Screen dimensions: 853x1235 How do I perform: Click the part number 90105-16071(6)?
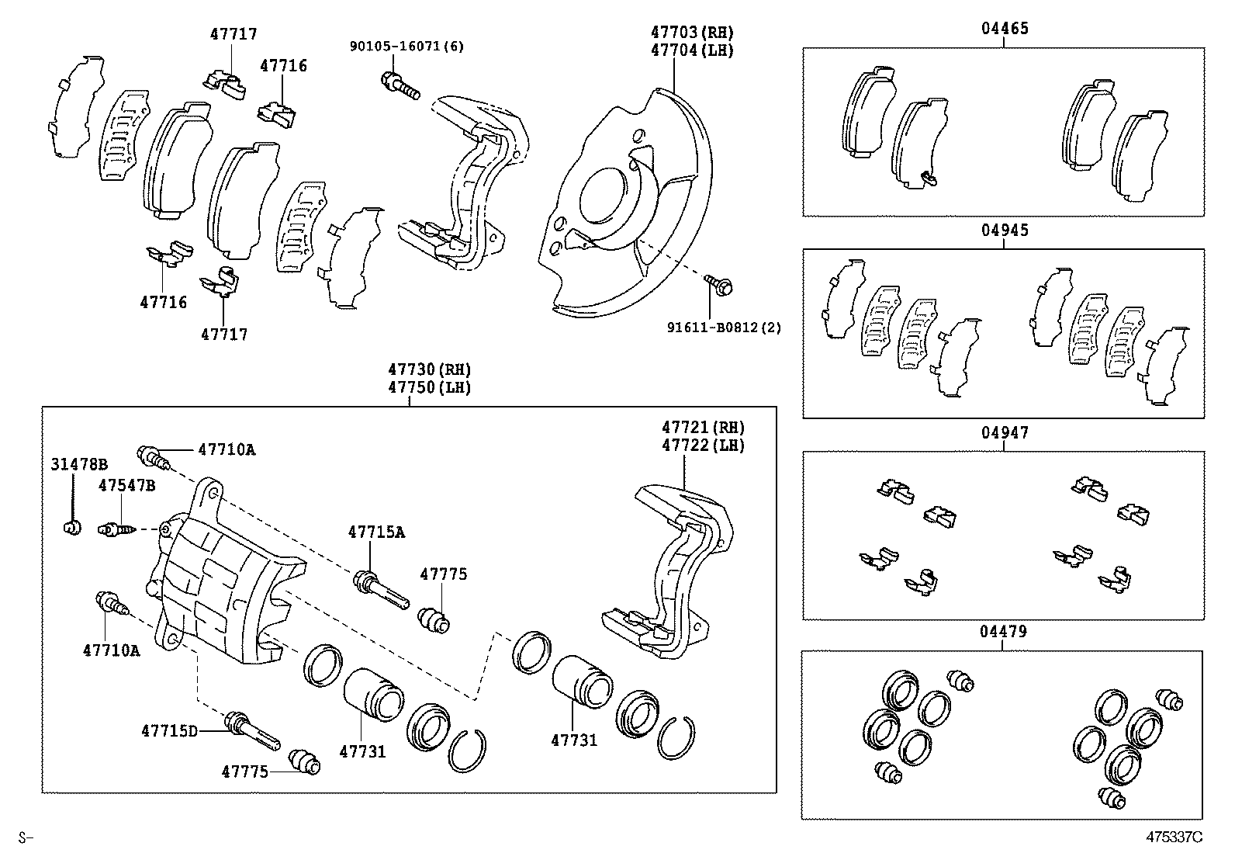tap(406, 47)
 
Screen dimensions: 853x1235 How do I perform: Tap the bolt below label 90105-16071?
tap(400, 85)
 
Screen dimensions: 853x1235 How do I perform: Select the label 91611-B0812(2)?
tap(724, 328)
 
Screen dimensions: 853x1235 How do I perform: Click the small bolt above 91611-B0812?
tap(719, 285)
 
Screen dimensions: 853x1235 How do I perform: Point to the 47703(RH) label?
tap(692, 33)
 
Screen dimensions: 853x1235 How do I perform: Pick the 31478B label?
tap(79, 465)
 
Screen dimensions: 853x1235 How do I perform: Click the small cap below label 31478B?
tap(72, 529)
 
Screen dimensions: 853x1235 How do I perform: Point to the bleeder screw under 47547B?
tap(117, 530)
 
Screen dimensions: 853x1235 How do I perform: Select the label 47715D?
tap(170, 730)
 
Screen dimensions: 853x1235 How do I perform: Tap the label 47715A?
tap(376, 532)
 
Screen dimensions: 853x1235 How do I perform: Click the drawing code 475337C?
tap(1174, 837)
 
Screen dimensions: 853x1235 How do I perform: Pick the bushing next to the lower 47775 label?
tap(304, 762)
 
